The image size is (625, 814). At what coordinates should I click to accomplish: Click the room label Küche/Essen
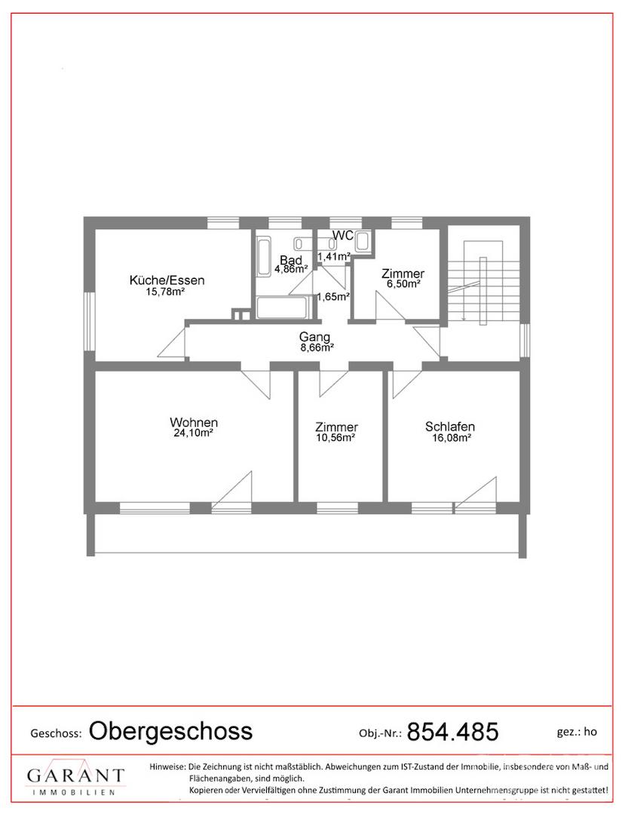167,280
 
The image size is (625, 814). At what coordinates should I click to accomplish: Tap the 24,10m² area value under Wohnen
193,433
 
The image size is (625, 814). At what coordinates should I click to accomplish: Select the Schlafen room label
450,427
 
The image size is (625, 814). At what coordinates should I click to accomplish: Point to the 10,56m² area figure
335,438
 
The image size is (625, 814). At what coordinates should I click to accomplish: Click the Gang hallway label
314,338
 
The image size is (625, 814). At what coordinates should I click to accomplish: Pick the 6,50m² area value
403,284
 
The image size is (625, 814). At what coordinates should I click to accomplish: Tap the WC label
343,235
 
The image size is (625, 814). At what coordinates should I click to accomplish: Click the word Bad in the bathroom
291,260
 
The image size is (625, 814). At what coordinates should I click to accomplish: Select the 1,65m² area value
332,297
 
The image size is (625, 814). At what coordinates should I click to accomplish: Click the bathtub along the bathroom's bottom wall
282,308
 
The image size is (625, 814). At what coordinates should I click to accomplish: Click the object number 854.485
452,732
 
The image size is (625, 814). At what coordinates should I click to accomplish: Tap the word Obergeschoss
171,731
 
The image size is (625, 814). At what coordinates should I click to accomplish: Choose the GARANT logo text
76,776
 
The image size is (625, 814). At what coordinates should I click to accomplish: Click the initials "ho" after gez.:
590,732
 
